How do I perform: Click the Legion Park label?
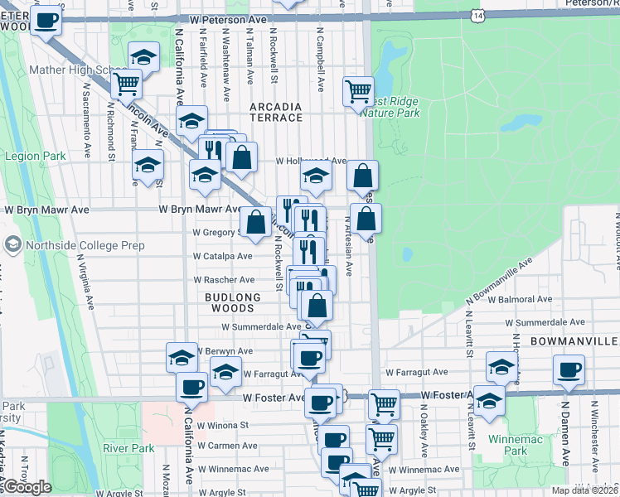tap(35, 156)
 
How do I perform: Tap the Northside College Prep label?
tap(75, 245)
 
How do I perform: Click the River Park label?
tap(128, 448)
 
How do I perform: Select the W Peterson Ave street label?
tap(227, 18)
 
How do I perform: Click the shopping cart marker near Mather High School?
tap(126, 82)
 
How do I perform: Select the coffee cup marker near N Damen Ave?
tap(569, 369)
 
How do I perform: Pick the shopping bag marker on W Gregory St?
tap(254, 221)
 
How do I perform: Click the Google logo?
tap(27, 487)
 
